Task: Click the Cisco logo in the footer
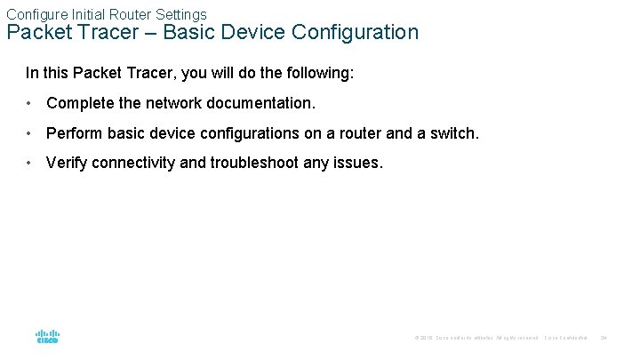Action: pyautogui.click(x=47, y=337)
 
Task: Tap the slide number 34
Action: pyautogui.click(x=604, y=338)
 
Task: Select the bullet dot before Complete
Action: pyautogui.click(x=30, y=103)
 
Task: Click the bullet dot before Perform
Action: pyautogui.click(x=30, y=133)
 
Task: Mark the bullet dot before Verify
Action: pyautogui.click(x=30, y=163)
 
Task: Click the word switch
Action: pyautogui.click(x=453, y=133)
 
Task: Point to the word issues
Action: pyautogui.click(x=359, y=163)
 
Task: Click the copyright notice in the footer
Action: pyautogui.click(x=476, y=338)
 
